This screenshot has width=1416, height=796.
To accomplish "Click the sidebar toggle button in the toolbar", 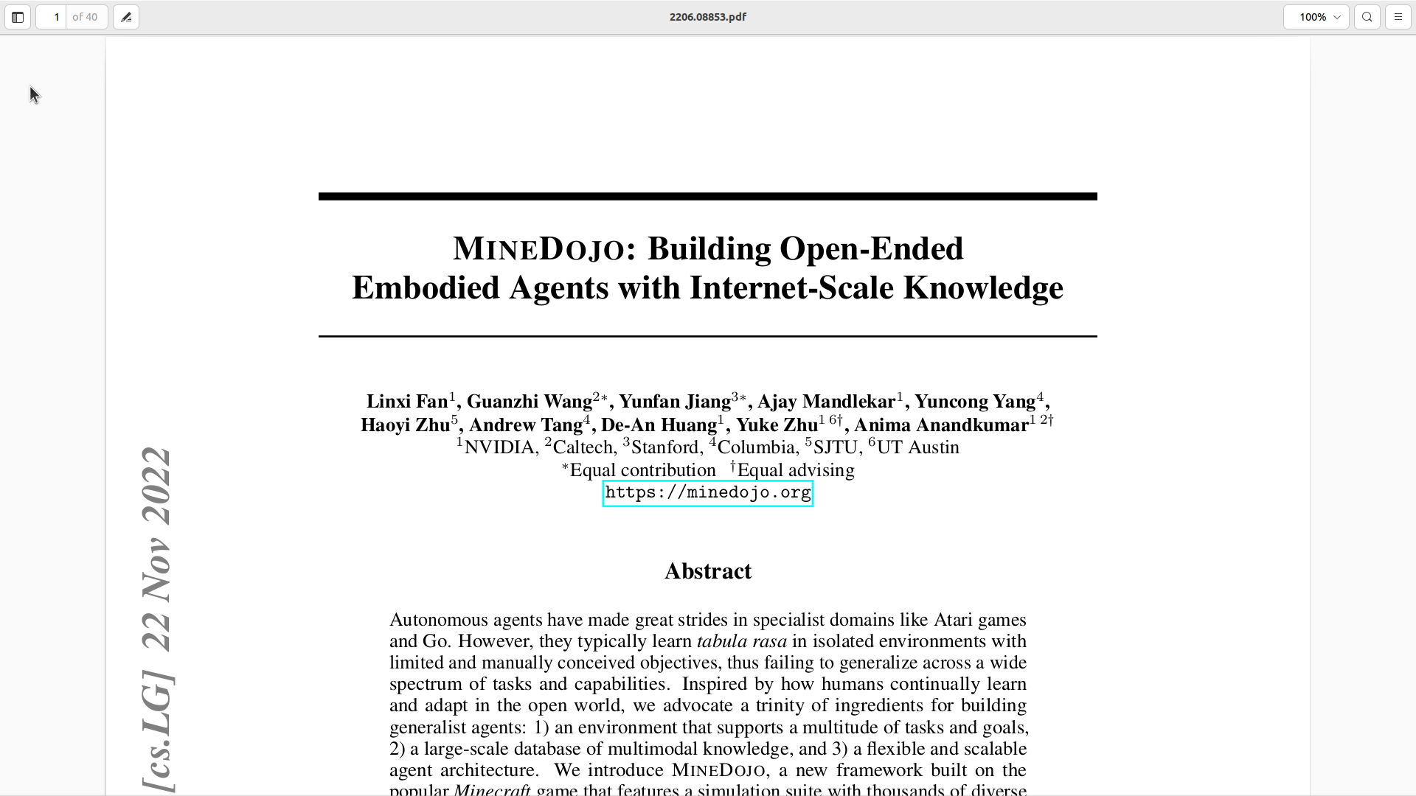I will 18,17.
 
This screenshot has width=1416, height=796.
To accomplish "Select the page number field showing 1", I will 53,17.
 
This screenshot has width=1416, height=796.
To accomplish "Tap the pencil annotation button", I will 126,17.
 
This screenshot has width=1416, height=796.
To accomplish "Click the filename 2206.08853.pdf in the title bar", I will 707,17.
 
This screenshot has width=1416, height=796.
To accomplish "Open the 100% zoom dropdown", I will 1316,17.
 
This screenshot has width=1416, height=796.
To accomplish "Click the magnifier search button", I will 1367,17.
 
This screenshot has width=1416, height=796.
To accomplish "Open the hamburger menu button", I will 1398,17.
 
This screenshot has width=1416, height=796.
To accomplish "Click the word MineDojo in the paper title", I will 538,249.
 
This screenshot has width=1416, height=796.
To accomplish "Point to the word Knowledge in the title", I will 983,288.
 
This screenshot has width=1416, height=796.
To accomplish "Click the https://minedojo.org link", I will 708,493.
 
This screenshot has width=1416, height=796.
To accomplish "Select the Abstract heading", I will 708,571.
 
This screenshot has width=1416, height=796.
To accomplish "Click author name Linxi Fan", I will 407,402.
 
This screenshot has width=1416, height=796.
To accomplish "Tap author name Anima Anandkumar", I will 941,425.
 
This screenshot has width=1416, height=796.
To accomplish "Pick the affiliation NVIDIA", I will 499,448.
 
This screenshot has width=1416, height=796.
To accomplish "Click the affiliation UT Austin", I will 917,448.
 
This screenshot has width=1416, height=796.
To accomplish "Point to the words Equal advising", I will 796,471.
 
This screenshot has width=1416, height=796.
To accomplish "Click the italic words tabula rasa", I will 741,641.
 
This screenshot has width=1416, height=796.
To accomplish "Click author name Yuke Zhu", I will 777,425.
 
